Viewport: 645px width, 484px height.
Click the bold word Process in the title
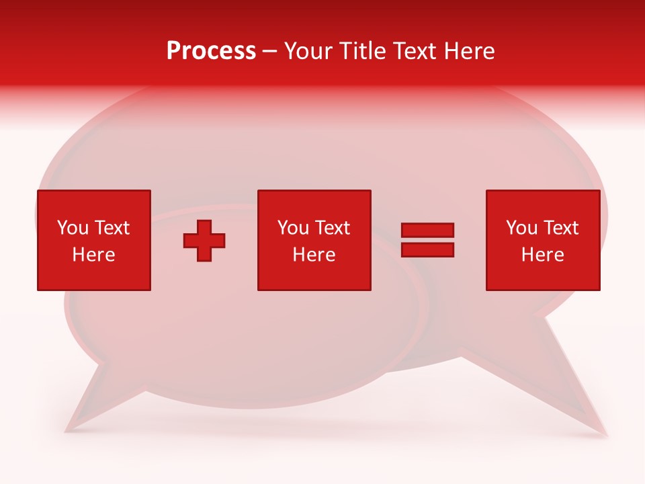pyautogui.click(x=211, y=51)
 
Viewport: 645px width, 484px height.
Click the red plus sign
pyautogui.click(x=204, y=241)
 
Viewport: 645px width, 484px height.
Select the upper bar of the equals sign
pyautogui.click(x=427, y=230)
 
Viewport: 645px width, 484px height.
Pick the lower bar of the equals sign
pyautogui.click(x=427, y=249)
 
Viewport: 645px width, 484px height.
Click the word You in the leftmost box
pyautogui.click(x=73, y=228)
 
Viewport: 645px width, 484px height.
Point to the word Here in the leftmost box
pyautogui.click(x=93, y=255)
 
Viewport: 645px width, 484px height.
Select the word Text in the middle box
pyautogui.click(x=332, y=228)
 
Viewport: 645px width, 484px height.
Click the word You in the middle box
pyautogui.click(x=293, y=228)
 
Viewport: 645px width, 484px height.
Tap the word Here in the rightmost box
pyautogui.click(x=542, y=255)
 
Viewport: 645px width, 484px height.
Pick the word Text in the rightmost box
pyautogui.click(x=560, y=228)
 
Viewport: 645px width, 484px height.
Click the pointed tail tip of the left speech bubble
pyautogui.click(x=67, y=428)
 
